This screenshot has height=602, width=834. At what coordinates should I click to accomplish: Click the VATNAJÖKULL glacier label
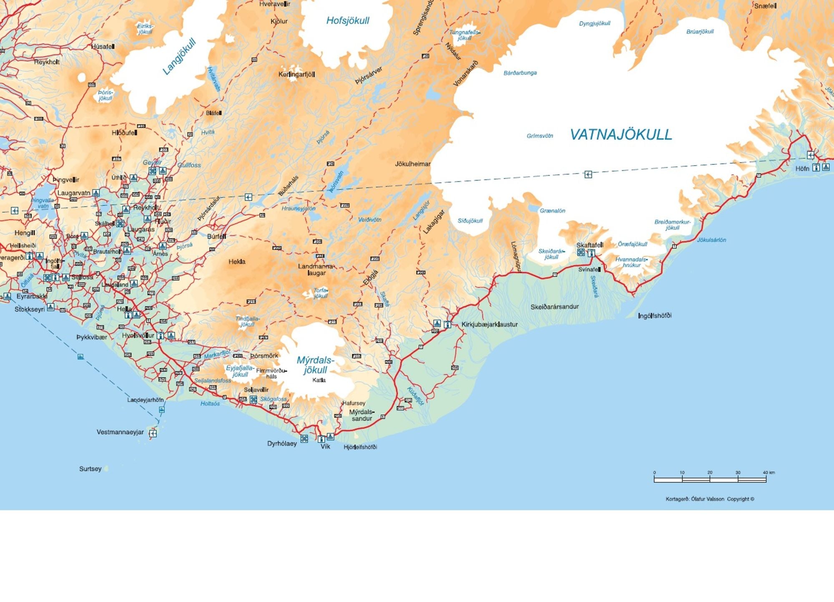tap(621, 134)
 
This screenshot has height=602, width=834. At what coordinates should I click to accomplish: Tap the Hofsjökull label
tap(347, 20)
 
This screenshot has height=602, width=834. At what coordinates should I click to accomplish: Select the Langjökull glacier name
tap(179, 57)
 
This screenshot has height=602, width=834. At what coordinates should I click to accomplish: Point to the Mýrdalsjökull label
tap(315, 365)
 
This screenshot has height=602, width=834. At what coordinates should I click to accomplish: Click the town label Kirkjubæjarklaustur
tap(490, 324)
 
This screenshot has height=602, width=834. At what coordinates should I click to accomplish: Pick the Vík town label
tap(325, 446)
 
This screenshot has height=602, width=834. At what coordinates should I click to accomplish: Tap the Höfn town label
tap(802, 169)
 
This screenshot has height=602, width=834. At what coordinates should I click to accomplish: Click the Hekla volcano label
tap(237, 262)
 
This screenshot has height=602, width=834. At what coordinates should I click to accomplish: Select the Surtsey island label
tap(90, 469)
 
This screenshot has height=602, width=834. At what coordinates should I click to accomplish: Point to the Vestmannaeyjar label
tap(120, 432)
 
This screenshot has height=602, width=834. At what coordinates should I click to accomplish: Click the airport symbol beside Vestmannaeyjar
tap(153, 433)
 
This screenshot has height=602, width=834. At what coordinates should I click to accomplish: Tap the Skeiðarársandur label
tap(555, 307)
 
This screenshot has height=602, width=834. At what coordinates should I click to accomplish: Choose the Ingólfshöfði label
tap(655, 315)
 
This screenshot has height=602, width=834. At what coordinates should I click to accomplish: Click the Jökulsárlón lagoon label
tap(711, 240)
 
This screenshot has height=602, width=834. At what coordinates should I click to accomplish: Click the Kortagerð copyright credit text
tap(710, 499)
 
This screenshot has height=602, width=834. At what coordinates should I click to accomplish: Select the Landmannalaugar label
tap(316, 270)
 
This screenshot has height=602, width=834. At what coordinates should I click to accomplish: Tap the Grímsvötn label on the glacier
tap(540, 136)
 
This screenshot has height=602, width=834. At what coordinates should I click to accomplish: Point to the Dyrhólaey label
tap(282, 443)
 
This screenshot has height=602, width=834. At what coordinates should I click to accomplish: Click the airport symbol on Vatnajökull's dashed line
tap(588, 174)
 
